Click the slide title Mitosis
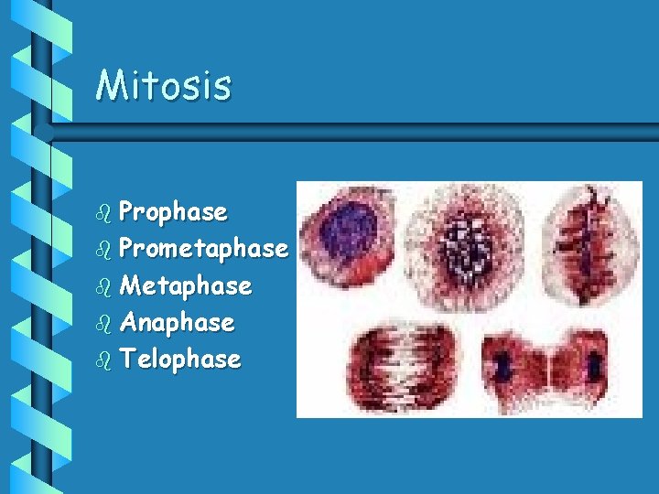[164, 85]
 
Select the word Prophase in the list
[173, 212]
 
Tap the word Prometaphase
[203, 249]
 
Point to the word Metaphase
[185, 286]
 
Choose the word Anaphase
[177, 323]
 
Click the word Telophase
[179, 360]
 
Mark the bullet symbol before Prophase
[103, 213]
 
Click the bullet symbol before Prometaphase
[103, 250]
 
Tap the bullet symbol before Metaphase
[103, 286]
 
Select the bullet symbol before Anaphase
[103, 323]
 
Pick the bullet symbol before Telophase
[103, 360]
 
